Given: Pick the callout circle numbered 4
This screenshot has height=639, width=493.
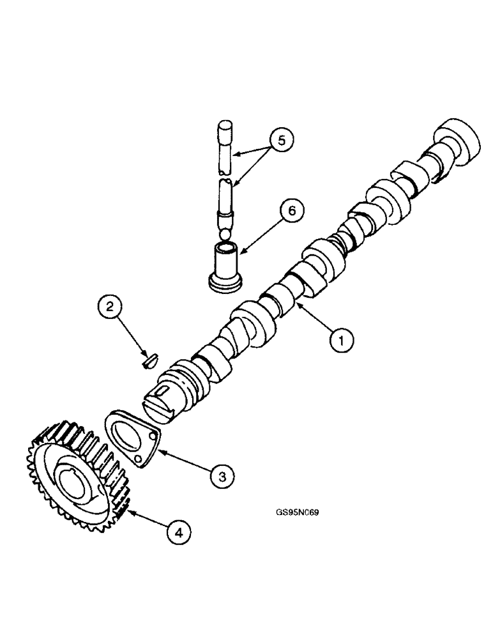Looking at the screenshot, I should pos(180,530).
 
